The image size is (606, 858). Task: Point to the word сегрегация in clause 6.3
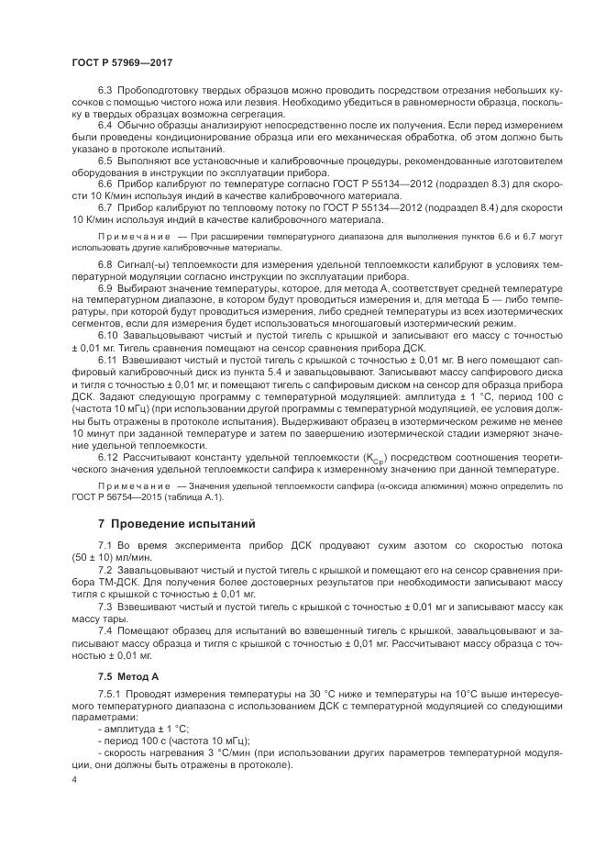tap(263, 115)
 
